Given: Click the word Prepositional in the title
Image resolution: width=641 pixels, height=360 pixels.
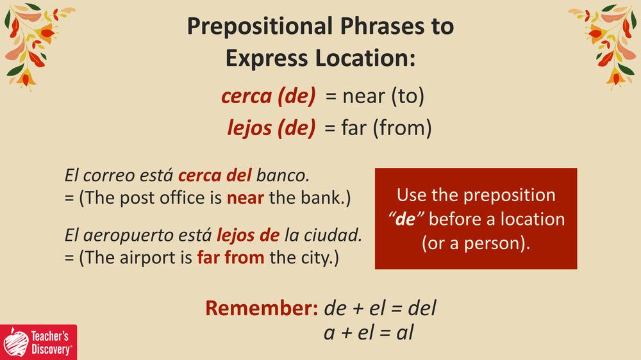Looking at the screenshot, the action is coord(260,26).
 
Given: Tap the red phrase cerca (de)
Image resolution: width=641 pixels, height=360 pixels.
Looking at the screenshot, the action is coord(268,96).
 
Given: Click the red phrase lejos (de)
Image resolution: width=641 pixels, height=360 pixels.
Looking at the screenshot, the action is coord(271,128).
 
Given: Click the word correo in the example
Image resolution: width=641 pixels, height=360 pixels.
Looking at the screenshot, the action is coord(109,176).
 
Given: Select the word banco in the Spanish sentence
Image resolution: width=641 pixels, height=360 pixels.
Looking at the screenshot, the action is coord(283,176).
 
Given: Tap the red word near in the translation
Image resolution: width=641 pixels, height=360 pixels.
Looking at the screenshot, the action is coord(246,199).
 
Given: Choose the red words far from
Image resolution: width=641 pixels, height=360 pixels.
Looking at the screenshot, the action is coord(231,258).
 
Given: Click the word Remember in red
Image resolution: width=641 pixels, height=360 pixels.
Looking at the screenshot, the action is coord(262,308).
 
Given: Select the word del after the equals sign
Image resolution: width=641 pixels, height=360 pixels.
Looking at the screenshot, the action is coord(422,308).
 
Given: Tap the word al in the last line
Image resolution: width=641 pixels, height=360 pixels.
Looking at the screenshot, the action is coord(404,332).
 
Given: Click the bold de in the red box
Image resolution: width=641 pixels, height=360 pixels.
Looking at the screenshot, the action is coord(406,220).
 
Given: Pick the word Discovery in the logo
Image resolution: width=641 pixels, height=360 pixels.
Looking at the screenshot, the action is coord(51,350).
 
